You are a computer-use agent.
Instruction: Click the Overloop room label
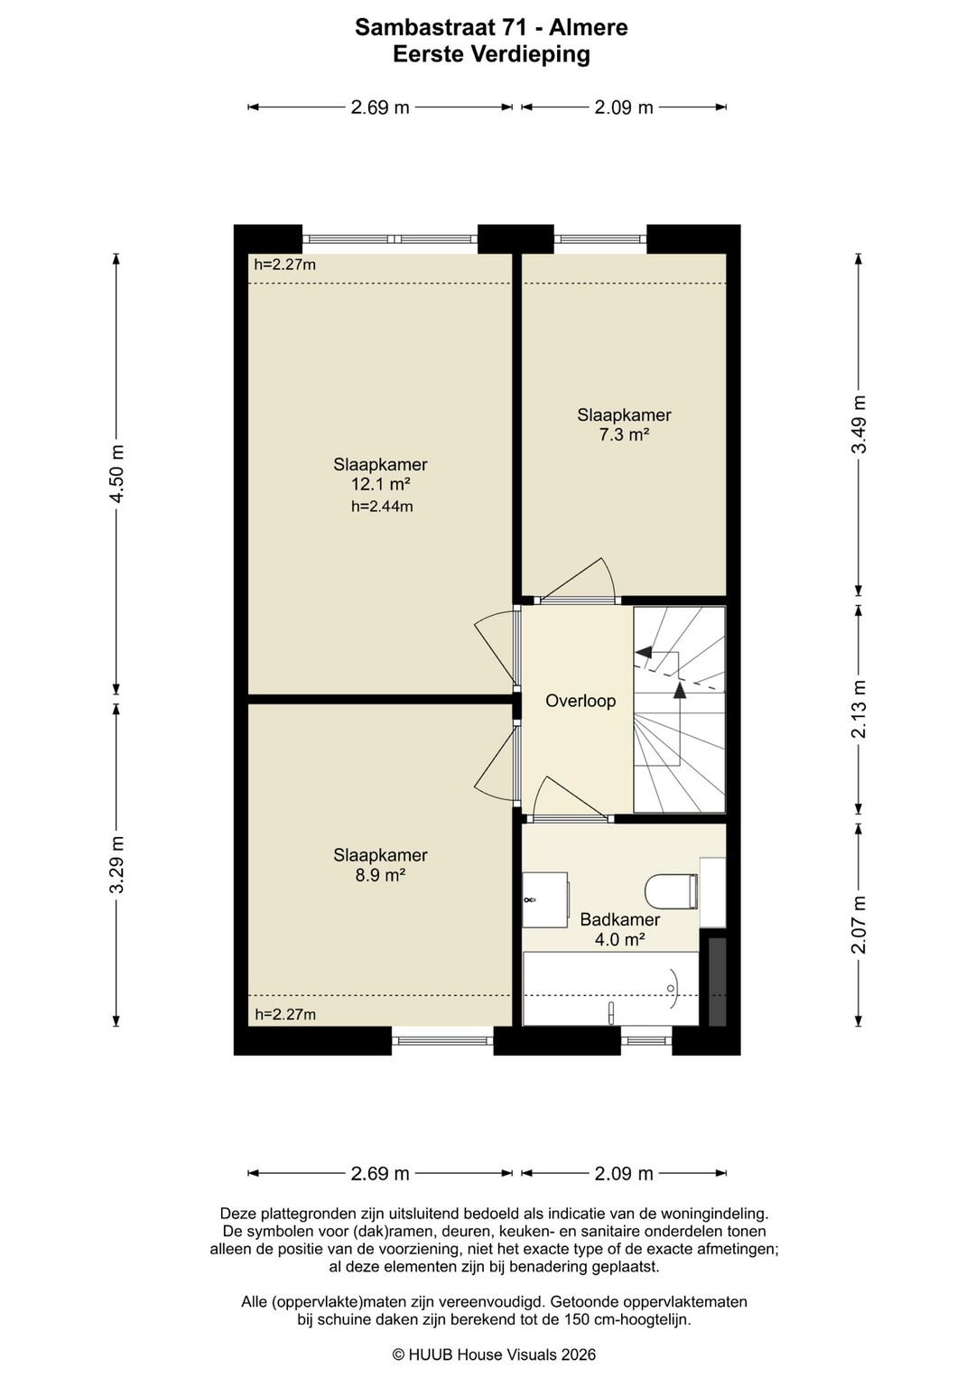click(580, 701)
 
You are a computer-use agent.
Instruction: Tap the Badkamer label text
click(620, 919)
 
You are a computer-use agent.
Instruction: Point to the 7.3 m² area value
click(624, 434)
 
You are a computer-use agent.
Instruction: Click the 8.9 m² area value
click(380, 874)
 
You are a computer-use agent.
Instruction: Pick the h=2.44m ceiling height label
click(381, 507)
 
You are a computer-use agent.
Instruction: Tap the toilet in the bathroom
click(672, 891)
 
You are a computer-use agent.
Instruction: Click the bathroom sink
click(545, 899)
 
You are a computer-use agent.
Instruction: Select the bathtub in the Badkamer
click(610, 989)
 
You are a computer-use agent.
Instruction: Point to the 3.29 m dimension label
click(116, 864)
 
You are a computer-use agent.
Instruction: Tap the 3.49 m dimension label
click(859, 424)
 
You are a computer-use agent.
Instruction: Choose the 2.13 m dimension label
click(859, 709)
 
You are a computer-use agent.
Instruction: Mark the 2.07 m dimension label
click(859, 924)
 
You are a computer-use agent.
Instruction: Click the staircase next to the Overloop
click(679, 709)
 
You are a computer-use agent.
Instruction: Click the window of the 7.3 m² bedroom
click(599, 239)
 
